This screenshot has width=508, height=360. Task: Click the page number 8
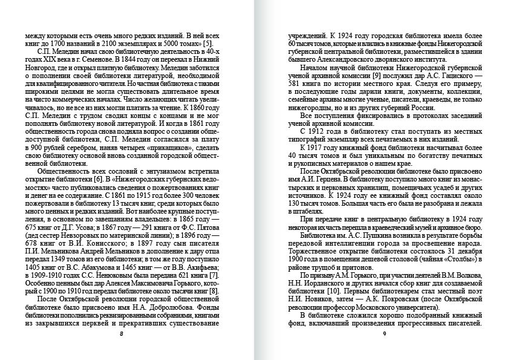[x=121, y=333]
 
